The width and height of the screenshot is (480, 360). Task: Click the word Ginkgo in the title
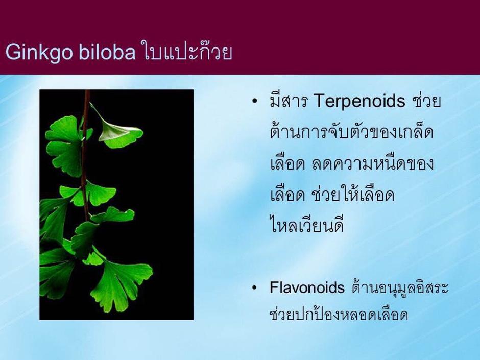click(x=39, y=52)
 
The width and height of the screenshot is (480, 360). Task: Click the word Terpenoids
click(x=359, y=101)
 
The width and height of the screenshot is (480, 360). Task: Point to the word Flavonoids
click(x=307, y=288)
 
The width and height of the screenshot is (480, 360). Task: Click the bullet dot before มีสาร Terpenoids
click(x=254, y=101)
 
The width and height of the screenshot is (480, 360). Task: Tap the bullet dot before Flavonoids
click(x=254, y=288)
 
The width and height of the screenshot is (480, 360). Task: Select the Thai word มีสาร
click(x=289, y=101)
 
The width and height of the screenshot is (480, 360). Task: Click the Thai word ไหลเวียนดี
click(x=307, y=225)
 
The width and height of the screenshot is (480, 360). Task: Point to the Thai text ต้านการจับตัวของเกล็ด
click(x=352, y=131)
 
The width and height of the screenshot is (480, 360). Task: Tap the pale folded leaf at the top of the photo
click(x=119, y=130)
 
